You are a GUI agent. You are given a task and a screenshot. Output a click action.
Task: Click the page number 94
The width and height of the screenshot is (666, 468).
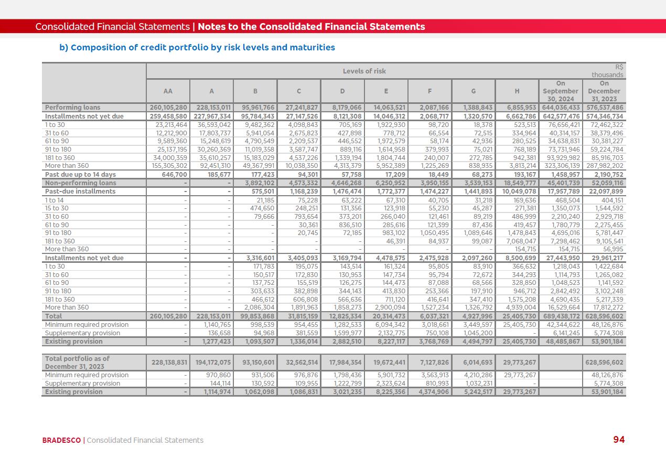pos(619,440)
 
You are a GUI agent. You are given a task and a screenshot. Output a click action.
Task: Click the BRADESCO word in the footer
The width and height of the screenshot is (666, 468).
pos(61,440)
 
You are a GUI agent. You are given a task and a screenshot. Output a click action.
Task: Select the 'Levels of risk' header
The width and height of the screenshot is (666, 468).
pos(364,71)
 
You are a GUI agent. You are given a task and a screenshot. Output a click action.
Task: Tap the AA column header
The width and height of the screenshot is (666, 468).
pos(168,91)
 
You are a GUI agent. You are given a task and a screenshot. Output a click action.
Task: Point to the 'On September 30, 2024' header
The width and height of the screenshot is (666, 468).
pos(560,91)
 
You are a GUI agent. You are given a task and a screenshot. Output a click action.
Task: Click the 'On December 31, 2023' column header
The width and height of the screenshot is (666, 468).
pos(604,91)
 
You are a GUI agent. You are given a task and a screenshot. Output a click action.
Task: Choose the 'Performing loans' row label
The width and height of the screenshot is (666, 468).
pos(72,108)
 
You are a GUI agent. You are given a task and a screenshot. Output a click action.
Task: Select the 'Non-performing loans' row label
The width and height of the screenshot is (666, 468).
pos(80,183)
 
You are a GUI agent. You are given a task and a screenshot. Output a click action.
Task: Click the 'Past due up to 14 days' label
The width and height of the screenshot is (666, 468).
pos(80,174)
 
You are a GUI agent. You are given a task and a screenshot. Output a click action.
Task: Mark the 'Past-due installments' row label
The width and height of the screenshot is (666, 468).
pos(80,192)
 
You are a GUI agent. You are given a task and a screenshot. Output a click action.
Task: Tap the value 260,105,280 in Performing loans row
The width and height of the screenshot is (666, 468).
pos(168,108)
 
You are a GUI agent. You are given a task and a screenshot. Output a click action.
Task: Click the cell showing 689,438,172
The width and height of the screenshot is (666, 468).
pos(561,316)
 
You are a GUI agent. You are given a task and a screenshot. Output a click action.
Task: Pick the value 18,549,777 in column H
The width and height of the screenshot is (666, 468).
pos(518,183)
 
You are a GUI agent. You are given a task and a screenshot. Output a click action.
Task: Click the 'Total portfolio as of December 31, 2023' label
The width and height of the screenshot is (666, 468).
pos(77,363)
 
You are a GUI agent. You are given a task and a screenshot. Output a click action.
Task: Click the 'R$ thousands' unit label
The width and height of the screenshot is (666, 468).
pos(608,71)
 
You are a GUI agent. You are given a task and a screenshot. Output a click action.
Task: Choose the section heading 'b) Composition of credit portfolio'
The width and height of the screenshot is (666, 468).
pos(197,48)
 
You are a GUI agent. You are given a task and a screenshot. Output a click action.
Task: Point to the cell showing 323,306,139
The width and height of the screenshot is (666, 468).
pos(561,166)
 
